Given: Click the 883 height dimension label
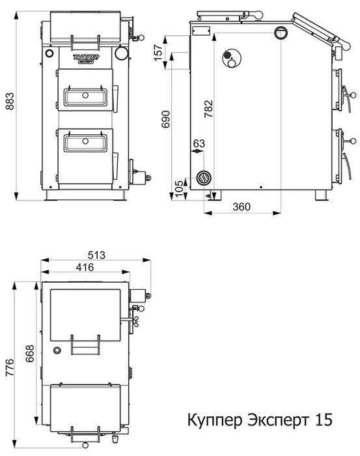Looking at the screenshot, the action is coord(10,101).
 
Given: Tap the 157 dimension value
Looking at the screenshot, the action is coord(158,52).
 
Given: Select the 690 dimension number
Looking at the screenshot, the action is coord(166,119).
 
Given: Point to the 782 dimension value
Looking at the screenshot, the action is coord(208,109).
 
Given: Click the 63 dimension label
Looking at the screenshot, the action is coord(199,143).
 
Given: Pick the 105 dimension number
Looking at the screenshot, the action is coord(180,188).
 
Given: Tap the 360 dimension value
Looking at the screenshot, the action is coord(242,207).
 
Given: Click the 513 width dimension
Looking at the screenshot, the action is coord(96,255).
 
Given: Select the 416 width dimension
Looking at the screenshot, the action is coord(85,267).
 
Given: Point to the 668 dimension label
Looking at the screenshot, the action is coord(30,353).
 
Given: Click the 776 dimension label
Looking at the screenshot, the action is coord(10,367).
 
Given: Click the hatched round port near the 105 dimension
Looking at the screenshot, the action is coord(204,178).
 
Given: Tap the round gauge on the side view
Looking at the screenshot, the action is coord(232,59).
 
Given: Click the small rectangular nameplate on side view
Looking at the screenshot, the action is coord(201,31).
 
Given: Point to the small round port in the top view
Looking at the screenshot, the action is coord(57,350).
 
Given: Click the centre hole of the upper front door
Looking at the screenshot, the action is coord(85,95).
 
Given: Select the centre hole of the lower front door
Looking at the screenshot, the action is coord(85,141).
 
